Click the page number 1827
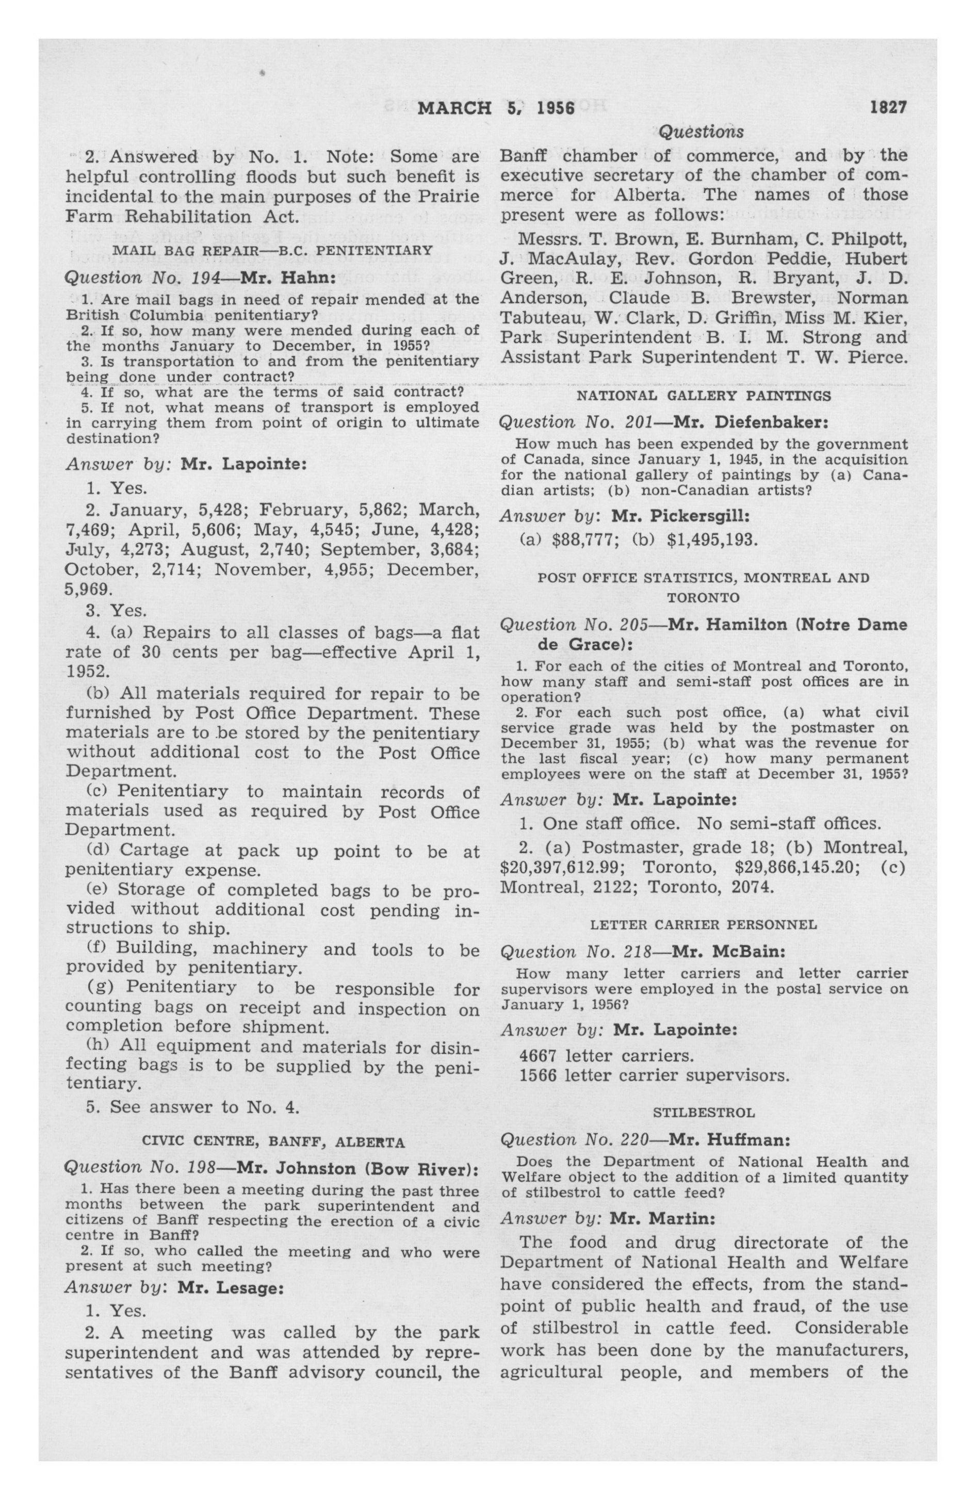pos(888,107)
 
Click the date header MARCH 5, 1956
pos(496,108)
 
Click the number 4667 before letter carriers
pos(539,1055)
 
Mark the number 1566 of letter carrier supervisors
pos(539,1075)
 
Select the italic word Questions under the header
pos(701,132)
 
